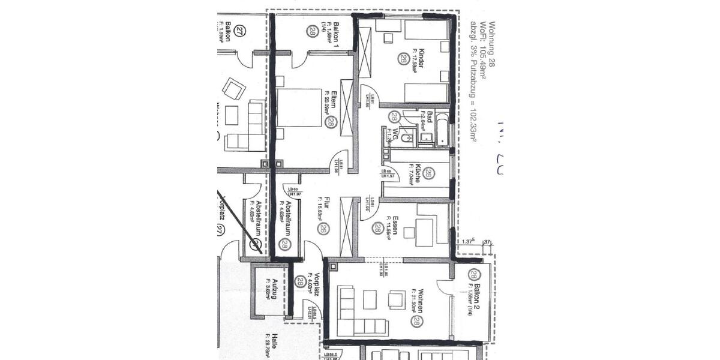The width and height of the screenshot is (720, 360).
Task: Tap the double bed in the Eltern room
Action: click(x=299, y=108)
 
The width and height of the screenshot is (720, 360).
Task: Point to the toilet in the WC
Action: click(x=405, y=139)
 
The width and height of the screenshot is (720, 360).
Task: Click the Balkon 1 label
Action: click(x=337, y=34)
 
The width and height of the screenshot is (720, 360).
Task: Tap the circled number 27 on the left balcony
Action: click(x=241, y=31)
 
